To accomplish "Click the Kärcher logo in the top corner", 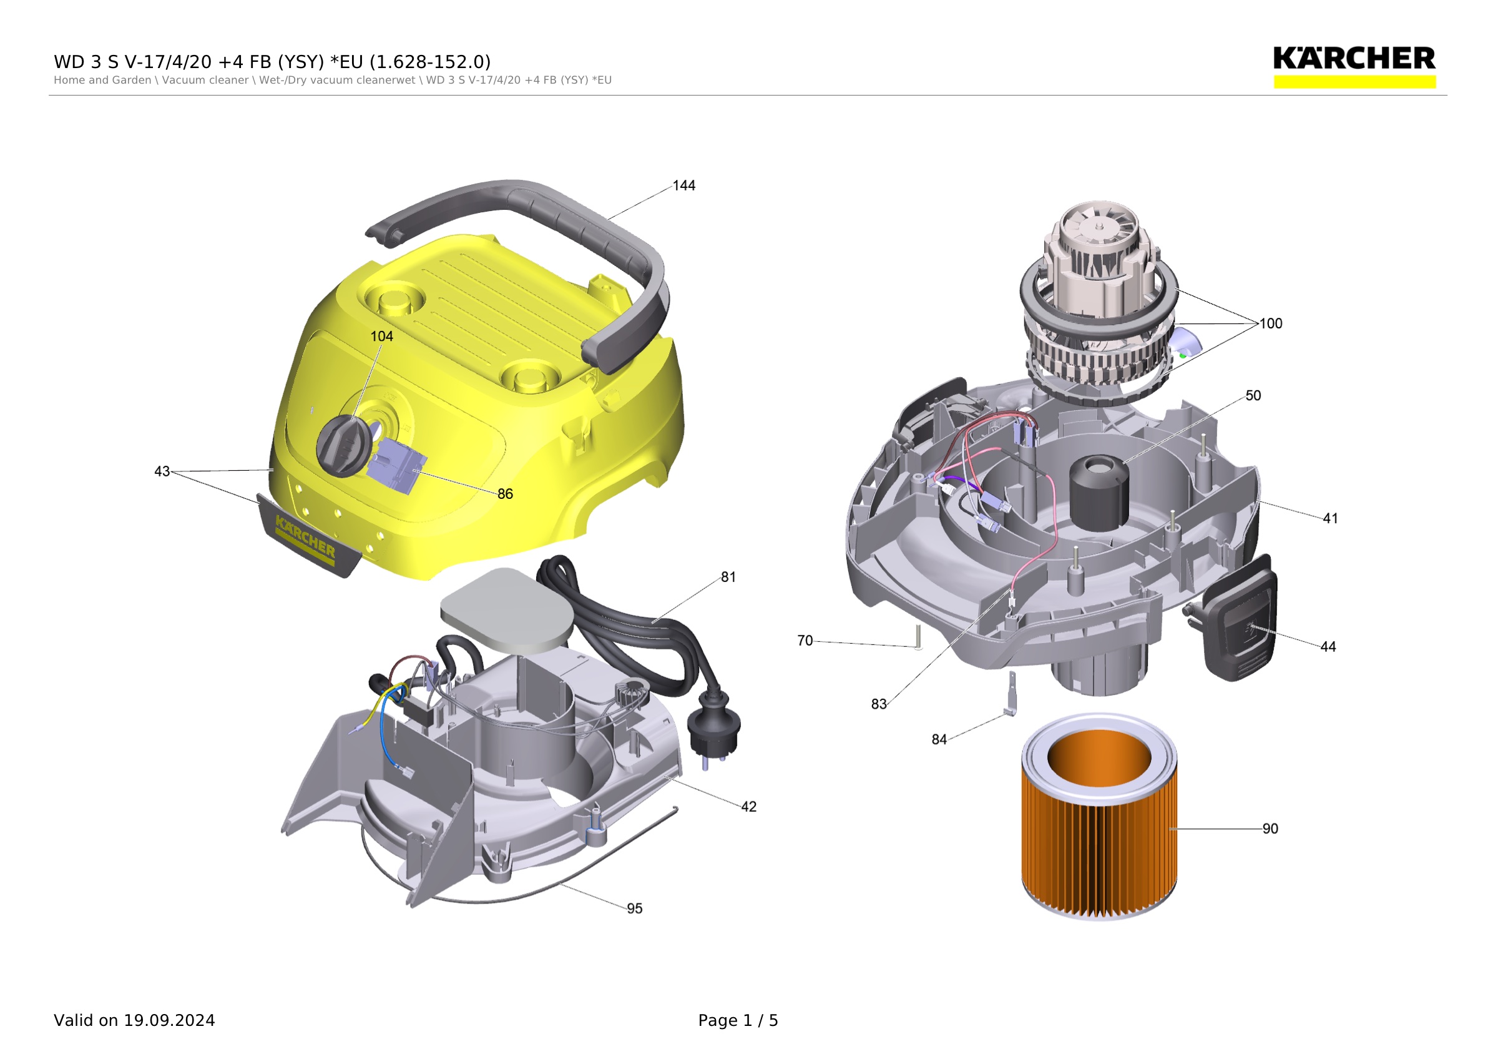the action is [x=1354, y=66].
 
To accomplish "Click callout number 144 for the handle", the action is [x=683, y=186].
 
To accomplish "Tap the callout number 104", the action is [x=381, y=337].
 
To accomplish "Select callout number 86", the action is [x=505, y=494].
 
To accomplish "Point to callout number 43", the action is [x=162, y=471].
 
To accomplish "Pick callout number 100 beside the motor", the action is [x=1270, y=323].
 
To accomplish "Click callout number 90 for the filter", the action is [x=1270, y=829].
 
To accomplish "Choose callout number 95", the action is [x=634, y=909].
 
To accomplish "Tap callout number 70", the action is [x=805, y=641].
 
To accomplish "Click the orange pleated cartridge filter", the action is [x=1099, y=817].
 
